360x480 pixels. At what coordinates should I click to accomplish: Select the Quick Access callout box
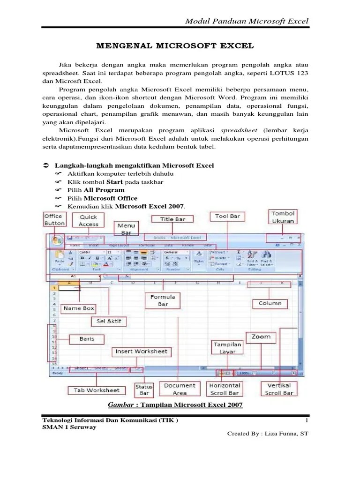(89, 220)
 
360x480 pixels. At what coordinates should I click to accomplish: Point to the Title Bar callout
(173, 219)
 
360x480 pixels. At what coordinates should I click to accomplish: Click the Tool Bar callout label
(227, 217)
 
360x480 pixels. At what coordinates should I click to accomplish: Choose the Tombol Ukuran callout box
(283, 217)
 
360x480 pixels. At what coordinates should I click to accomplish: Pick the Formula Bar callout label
(163, 300)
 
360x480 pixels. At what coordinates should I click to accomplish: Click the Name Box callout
(79, 308)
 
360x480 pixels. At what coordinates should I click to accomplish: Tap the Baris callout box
(86, 338)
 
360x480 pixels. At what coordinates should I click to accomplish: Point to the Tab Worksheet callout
(97, 390)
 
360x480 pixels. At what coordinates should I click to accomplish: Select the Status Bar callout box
(144, 390)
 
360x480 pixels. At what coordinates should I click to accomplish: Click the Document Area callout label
(180, 389)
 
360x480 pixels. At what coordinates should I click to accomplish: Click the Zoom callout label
(261, 337)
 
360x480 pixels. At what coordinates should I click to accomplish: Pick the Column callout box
(270, 303)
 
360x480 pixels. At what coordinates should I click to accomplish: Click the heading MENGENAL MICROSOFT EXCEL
(175, 46)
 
